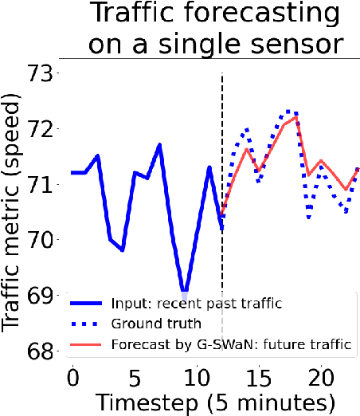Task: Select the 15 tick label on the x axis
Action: click(259, 378)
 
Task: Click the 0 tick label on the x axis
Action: click(73, 378)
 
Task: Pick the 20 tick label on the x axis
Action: click(321, 378)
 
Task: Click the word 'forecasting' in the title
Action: click(261, 14)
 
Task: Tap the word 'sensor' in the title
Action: click(297, 44)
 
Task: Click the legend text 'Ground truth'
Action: click(156, 324)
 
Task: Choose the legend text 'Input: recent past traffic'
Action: click(197, 303)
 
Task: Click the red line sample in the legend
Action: click(86, 345)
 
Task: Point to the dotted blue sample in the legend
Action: click(84, 324)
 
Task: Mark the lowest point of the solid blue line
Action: click(184, 292)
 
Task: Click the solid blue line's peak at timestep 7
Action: click(159, 145)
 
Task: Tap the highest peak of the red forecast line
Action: click(295, 117)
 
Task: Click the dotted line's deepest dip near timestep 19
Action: click(309, 217)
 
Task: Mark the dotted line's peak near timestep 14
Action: click(248, 130)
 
